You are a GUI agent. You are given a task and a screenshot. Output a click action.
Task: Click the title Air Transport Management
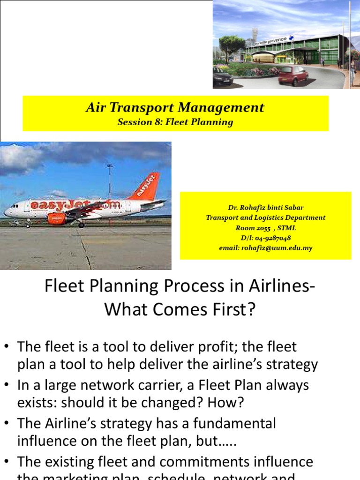tap(175, 108)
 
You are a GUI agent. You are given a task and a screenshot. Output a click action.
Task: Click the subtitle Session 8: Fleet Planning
tap(175, 122)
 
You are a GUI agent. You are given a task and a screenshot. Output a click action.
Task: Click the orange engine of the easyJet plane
tap(57, 218)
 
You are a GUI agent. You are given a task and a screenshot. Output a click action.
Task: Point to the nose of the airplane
tap(6, 212)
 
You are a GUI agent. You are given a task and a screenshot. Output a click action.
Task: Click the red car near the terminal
tap(293, 75)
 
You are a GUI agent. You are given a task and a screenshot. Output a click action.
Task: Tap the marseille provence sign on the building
tap(271, 42)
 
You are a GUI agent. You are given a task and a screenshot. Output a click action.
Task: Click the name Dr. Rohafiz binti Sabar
tap(266, 207)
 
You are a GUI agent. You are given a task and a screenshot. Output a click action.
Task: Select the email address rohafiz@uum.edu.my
tap(279, 248)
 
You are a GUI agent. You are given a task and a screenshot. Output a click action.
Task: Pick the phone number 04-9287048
tap(272, 238)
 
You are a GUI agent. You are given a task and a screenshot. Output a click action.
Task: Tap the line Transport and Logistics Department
tap(266, 217)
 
